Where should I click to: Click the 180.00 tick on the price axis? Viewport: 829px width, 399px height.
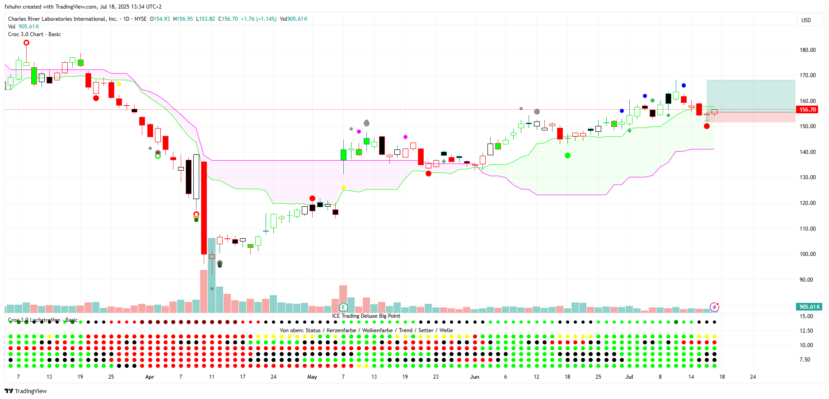tap(807, 50)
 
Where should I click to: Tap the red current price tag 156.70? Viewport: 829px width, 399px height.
tap(808, 110)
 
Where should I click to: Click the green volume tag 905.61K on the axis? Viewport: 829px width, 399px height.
tap(809, 307)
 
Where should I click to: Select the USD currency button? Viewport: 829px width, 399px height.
tap(806, 20)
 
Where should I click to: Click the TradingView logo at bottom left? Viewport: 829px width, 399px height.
tap(26, 391)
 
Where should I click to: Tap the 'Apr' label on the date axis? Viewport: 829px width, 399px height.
tap(150, 377)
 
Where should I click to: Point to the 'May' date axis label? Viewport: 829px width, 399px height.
tap(312, 377)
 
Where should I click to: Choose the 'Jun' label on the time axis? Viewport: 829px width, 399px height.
tap(474, 377)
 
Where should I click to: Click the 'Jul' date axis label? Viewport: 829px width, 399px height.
tap(629, 377)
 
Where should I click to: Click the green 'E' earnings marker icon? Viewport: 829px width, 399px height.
tap(343, 307)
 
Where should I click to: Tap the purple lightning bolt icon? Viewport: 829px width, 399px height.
tap(714, 307)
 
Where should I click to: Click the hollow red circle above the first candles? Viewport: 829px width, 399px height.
tap(26, 43)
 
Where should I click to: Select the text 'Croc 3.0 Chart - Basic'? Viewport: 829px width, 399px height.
tap(34, 34)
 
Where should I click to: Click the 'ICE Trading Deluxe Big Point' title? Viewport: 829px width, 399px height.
tap(366, 316)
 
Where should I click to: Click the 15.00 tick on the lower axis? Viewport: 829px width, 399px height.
tap(806, 316)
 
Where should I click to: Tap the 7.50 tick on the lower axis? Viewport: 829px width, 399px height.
tap(805, 360)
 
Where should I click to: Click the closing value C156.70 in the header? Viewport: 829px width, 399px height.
tap(228, 19)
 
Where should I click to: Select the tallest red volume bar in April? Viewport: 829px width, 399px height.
tap(204, 291)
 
